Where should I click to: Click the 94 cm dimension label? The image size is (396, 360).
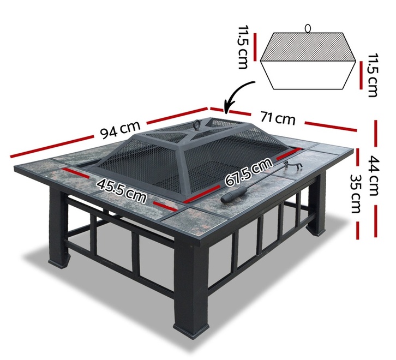coord(120,130)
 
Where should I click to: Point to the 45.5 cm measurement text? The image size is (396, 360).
coord(122,190)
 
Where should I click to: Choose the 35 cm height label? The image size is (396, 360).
coord(356,194)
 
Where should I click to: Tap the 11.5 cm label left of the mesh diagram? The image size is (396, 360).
coord(242,47)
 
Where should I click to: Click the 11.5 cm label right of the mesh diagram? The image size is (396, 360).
coord(373,75)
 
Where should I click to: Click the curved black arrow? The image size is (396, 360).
coord(235,95)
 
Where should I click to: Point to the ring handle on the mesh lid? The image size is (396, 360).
coord(197,125)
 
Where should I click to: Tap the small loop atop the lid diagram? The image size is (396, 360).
coord(308,28)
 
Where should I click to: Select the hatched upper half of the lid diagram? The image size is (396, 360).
coord(308,47)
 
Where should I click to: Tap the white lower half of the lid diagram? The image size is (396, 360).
coord(308,75)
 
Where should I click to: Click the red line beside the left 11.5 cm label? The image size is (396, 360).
coord(256,47)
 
